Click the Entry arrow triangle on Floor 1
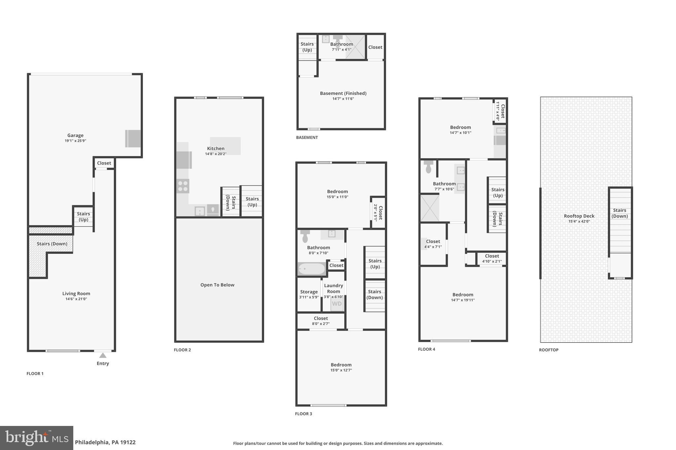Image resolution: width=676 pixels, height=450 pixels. [x=103, y=355]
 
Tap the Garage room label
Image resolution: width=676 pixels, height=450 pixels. [x=75, y=135]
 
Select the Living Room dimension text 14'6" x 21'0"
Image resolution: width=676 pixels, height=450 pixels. [x=76, y=299]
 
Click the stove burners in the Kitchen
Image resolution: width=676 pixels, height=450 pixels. [x=183, y=186]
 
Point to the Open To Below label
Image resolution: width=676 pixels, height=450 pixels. [x=217, y=285]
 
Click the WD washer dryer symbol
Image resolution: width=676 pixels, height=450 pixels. [x=337, y=304]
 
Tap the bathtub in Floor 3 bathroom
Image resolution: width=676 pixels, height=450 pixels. [x=312, y=269]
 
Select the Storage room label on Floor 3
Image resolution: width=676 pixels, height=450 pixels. [x=309, y=292]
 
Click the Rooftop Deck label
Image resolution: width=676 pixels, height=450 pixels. [x=579, y=216]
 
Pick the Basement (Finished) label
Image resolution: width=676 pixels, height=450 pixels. [x=343, y=93]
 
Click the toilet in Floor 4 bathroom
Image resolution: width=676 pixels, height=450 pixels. [x=428, y=167]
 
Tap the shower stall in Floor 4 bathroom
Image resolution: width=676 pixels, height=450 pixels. [x=429, y=208]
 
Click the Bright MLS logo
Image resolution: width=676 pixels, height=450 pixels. [x=37, y=438]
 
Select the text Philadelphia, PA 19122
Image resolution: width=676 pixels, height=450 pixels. [x=105, y=442]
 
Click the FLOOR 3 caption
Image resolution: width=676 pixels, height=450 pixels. [x=303, y=414]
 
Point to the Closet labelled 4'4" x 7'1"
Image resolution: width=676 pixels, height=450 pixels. [x=433, y=244]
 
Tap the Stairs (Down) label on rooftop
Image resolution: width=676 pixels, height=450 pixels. [x=620, y=213]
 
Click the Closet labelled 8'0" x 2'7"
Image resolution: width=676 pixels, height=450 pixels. [x=321, y=321]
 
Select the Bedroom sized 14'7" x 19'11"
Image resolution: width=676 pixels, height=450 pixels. [x=463, y=297]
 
